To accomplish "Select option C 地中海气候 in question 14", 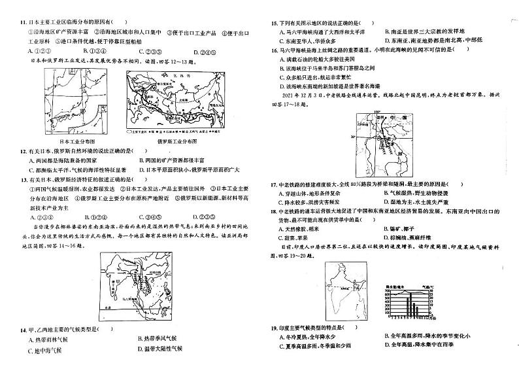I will tap(44, 350).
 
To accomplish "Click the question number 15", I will tap(275, 22).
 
